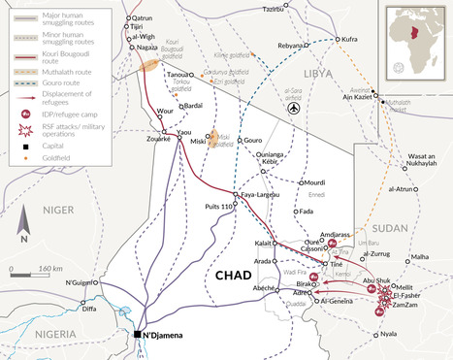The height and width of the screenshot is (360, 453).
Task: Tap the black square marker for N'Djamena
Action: tap(137, 336)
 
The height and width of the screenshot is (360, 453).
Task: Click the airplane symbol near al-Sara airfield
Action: tap(293, 110)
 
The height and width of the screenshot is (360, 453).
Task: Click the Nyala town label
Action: tap(388, 335)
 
